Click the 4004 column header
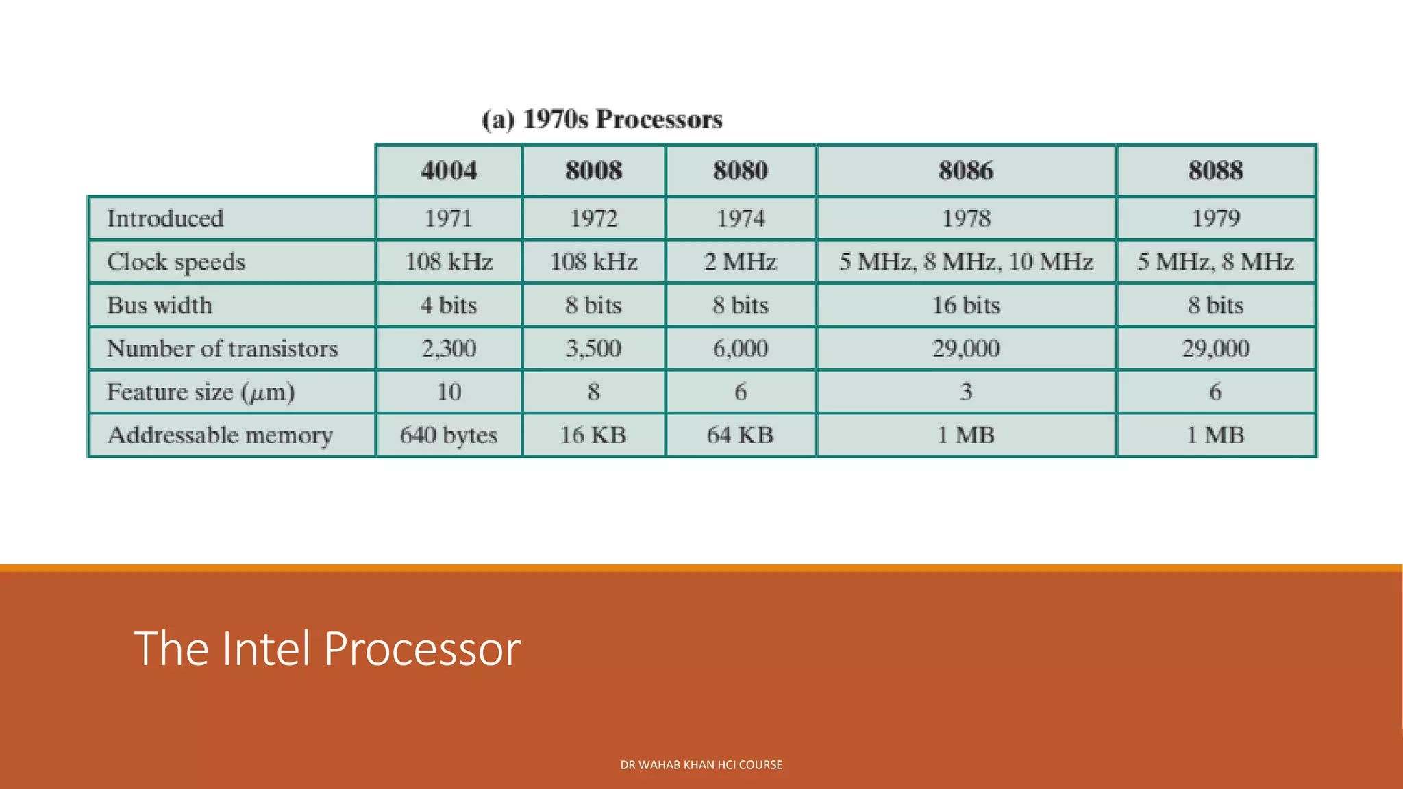click(x=449, y=171)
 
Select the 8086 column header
click(x=965, y=171)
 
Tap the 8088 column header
click(x=1215, y=171)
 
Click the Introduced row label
click(x=165, y=218)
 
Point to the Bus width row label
click(x=160, y=305)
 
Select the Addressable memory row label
click(x=220, y=435)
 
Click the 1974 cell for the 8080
click(x=741, y=218)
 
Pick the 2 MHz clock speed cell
click(x=741, y=262)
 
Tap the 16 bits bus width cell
click(x=965, y=305)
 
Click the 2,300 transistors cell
click(x=449, y=349)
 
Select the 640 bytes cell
click(x=449, y=435)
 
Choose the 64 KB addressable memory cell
click(x=741, y=435)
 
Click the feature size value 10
click(x=449, y=392)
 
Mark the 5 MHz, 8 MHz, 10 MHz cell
click(x=965, y=262)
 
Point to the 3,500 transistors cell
click(x=593, y=349)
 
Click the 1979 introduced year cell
click(x=1215, y=218)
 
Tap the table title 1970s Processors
click(x=602, y=119)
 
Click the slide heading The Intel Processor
click(x=327, y=648)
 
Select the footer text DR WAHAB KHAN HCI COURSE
click(x=701, y=765)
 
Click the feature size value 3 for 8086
click(x=965, y=392)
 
